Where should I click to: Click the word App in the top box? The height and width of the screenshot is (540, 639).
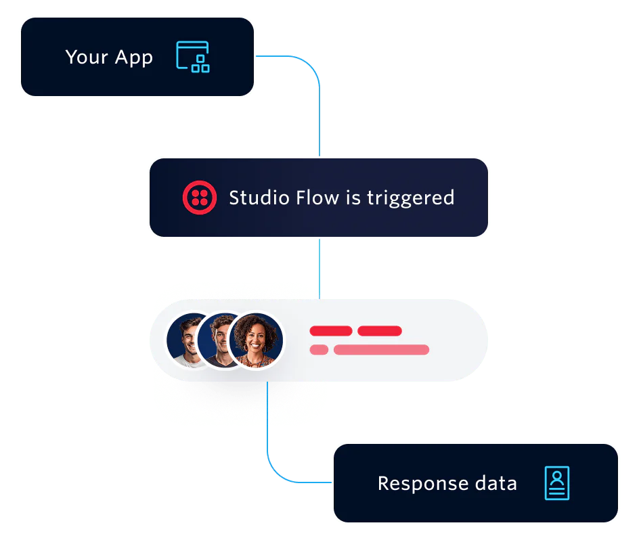click(133, 58)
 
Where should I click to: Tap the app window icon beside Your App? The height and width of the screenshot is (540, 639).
click(192, 57)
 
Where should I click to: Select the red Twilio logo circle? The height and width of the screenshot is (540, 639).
click(199, 198)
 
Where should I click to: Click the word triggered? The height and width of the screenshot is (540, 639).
click(410, 198)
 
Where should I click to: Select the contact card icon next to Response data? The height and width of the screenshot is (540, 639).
click(556, 483)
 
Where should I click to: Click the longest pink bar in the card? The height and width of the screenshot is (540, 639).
click(381, 350)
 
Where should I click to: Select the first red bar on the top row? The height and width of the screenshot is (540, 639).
click(330, 331)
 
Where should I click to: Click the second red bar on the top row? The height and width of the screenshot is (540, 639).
click(379, 331)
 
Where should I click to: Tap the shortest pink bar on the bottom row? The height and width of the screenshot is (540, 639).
click(319, 350)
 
